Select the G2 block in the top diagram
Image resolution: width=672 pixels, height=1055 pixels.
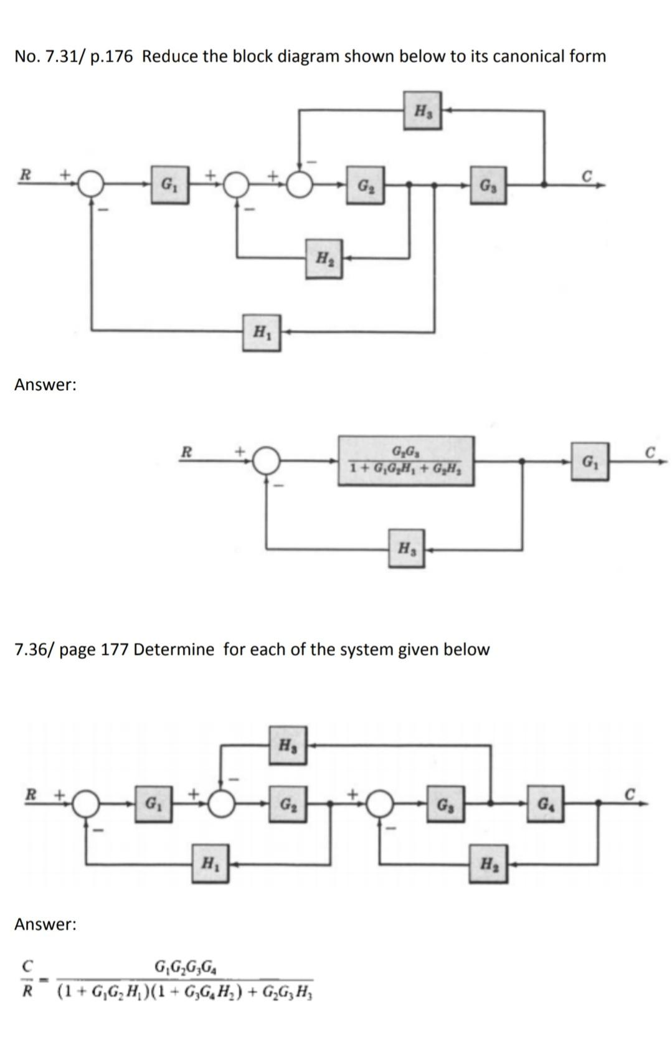365,185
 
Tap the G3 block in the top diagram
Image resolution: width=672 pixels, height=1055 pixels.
488,185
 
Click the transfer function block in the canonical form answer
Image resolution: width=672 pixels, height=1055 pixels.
406,461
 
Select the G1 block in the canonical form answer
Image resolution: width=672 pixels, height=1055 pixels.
589,461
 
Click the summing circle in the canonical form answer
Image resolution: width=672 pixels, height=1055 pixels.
268,461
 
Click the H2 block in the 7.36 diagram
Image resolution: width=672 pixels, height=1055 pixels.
489,863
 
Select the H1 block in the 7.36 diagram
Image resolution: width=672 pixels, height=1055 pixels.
210,863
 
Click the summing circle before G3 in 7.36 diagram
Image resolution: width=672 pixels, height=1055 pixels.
381,804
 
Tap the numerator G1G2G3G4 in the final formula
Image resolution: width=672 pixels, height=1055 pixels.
186,968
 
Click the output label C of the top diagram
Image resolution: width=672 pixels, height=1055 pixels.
585,175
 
